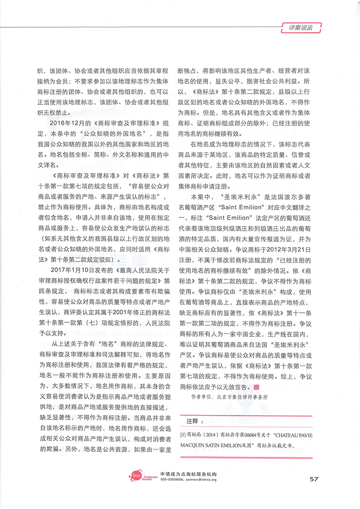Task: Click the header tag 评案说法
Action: tap(299, 27)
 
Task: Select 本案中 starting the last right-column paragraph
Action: tap(201, 196)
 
